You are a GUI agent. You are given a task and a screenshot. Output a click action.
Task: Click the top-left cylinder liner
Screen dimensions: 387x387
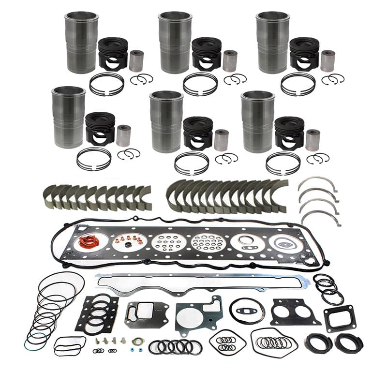point(82,43)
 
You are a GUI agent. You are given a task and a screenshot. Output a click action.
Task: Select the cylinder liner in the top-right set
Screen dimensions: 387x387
point(273,43)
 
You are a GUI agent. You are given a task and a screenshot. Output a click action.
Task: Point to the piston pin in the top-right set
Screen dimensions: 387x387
point(328,60)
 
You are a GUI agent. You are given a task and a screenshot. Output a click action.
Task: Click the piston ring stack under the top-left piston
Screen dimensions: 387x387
point(106,84)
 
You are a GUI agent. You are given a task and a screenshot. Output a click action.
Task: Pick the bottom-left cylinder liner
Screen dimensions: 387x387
point(69,117)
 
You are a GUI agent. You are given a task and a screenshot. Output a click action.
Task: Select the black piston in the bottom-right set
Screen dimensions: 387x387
point(289,130)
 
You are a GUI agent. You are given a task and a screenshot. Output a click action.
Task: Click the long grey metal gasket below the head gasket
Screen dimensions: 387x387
point(203,283)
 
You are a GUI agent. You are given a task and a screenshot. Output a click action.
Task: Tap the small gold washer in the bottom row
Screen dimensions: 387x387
point(137,342)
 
